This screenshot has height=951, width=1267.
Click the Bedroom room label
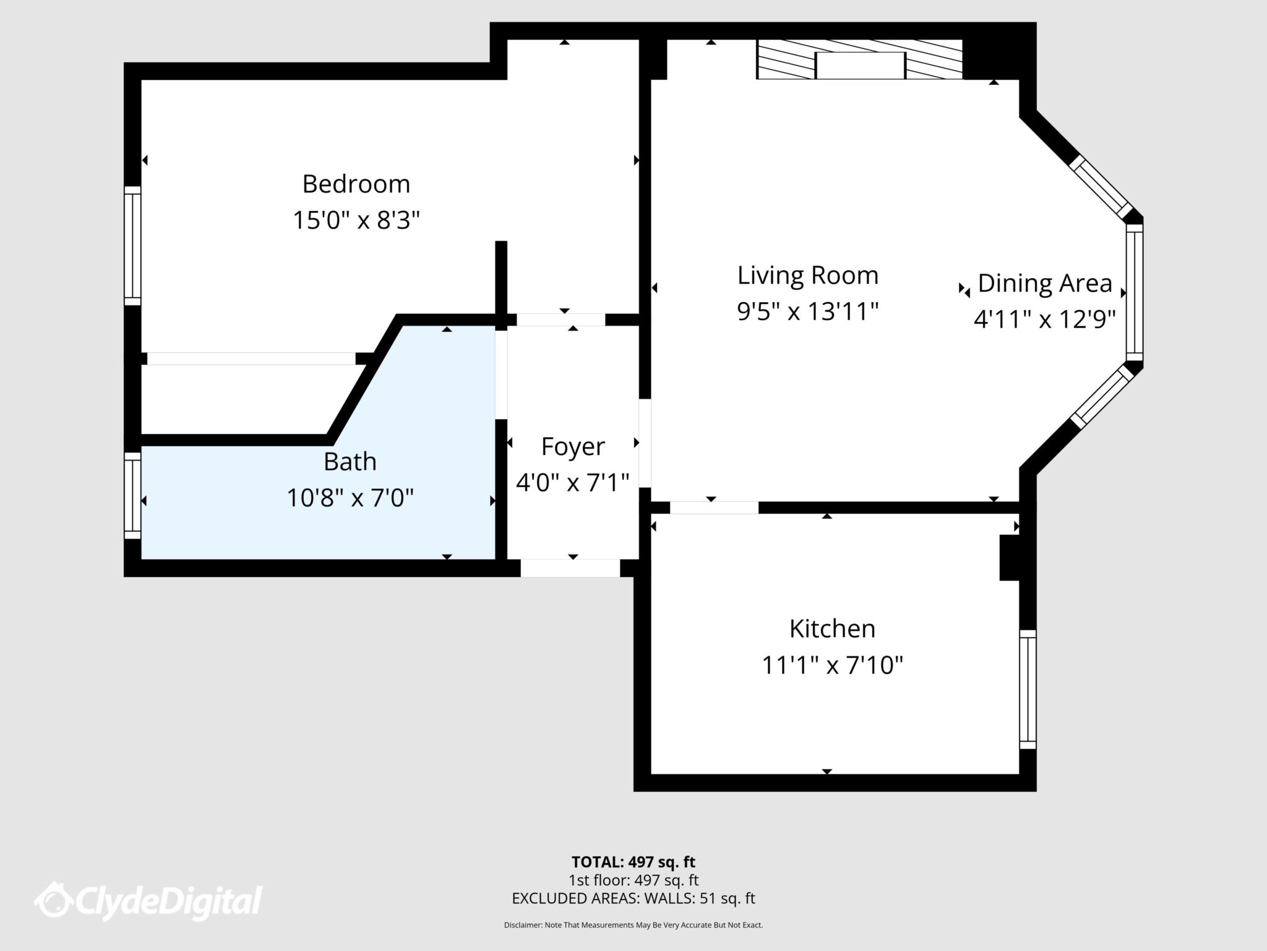point(356,184)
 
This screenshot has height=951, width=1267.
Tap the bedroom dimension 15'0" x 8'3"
point(356,220)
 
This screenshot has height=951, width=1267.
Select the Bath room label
point(350,461)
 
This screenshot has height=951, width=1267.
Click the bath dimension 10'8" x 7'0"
point(350,497)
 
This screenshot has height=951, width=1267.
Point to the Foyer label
point(572,446)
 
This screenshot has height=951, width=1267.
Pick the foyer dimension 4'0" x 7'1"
point(572,482)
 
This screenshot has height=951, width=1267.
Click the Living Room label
point(807,276)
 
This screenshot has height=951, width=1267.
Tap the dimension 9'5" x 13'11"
point(807,311)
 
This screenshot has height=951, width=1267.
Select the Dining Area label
point(1044,284)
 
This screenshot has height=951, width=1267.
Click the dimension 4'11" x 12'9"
point(1044,319)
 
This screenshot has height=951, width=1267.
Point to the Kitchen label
point(832,629)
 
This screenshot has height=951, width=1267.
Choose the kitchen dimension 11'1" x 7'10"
point(832,665)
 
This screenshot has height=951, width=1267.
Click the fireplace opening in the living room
point(860,66)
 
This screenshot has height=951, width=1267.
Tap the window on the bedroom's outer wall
point(132,246)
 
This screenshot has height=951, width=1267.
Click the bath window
point(132,495)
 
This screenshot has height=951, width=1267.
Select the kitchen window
point(1028,689)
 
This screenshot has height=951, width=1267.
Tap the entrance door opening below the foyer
point(570,568)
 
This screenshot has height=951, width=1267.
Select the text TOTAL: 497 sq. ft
point(633,862)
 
